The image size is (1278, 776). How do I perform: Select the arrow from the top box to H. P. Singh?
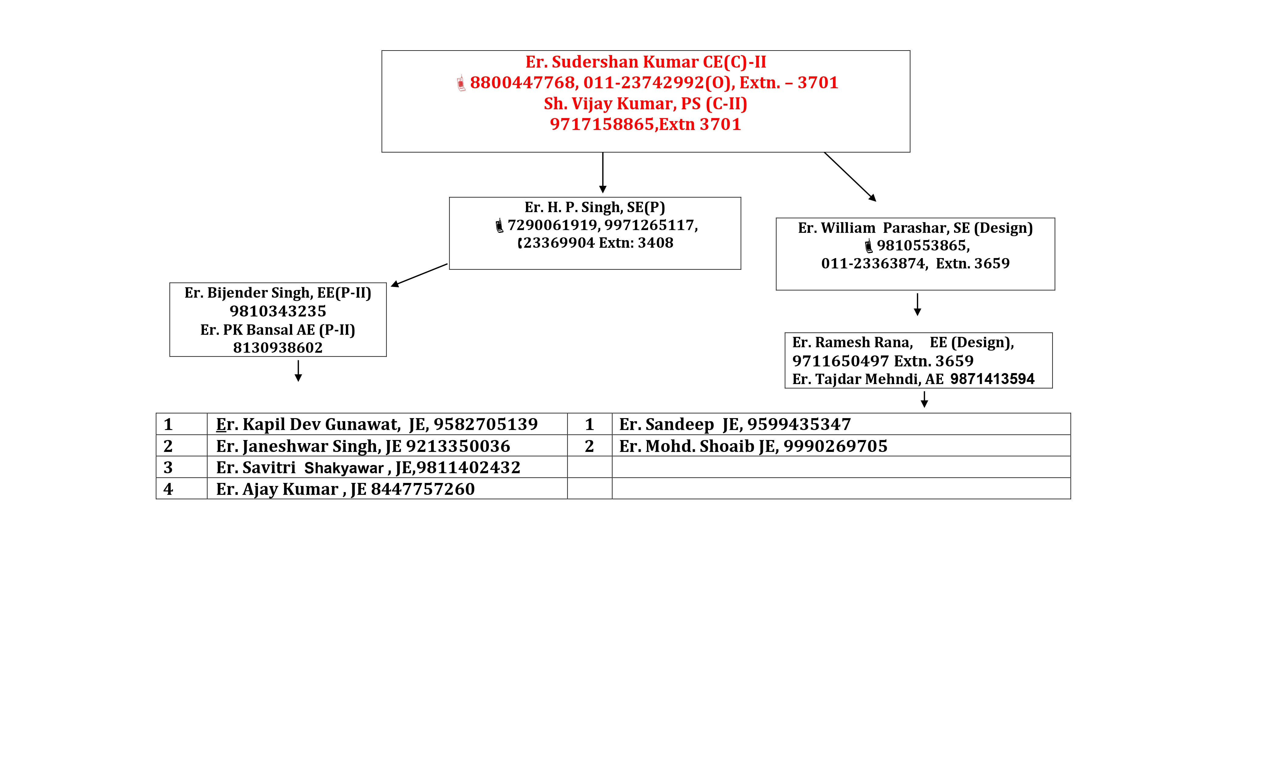tap(603, 173)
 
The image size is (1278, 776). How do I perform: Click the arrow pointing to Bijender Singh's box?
tap(419, 275)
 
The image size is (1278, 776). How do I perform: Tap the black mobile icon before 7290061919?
tap(499, 225)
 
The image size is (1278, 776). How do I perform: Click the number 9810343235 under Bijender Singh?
tap(278, 311)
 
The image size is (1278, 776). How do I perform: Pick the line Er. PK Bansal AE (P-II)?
tap(278, 330)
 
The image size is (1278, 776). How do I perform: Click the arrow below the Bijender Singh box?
tap(298, 371)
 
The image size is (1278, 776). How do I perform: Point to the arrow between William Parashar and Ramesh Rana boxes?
tap(918, 305)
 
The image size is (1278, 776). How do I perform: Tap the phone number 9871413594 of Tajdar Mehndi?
tap(992, 379)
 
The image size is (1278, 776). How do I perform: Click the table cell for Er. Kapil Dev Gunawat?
tap(387, 424)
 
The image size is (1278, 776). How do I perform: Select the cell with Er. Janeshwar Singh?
tap(387, 446)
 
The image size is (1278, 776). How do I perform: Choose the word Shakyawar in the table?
tap(344, 468)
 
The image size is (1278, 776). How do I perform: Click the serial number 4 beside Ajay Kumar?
tap(168, 489)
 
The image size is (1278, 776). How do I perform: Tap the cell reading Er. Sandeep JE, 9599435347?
tap(841, 424)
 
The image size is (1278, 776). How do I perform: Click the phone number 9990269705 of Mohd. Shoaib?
tap(836, 446)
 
